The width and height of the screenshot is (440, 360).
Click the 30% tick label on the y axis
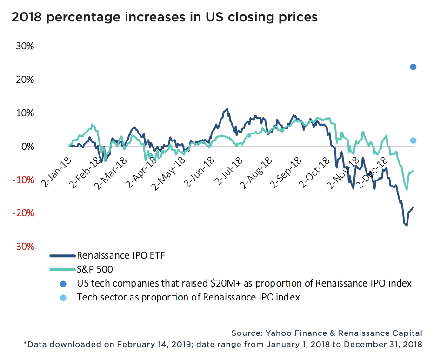tap(25, 47)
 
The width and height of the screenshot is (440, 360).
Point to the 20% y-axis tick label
tap(25, 80)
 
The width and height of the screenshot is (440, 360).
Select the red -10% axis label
tap(23, 180)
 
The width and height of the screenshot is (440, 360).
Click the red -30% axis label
tap(23, 247)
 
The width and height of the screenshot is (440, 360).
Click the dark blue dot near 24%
tap(413, 67)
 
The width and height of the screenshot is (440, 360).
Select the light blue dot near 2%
tap(413, 140)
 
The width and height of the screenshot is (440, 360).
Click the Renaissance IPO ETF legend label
tap(121, 255)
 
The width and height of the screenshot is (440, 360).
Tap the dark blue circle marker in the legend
tap(63, 283)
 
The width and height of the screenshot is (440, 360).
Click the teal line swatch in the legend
tap(62, 269)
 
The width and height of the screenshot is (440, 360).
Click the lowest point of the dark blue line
tap(407, 226)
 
